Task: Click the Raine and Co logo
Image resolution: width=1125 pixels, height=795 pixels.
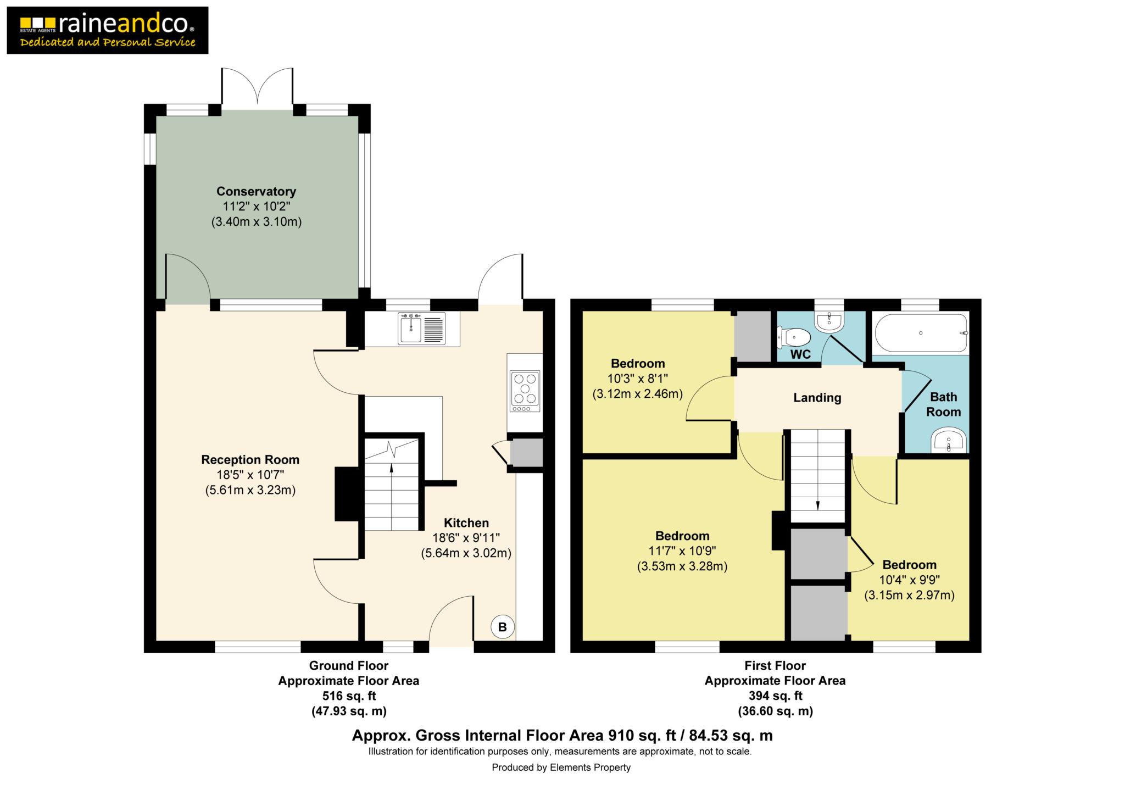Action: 108,30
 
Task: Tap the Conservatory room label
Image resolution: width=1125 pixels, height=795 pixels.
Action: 256,191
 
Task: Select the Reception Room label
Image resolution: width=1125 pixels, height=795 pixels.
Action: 250,459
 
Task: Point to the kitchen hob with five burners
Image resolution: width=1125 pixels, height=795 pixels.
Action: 525,391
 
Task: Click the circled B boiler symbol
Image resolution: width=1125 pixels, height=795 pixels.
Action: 502,627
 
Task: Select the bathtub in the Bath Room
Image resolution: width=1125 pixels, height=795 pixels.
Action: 921,333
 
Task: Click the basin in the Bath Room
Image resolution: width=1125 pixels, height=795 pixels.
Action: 949,441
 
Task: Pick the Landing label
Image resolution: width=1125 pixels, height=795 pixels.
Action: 817,398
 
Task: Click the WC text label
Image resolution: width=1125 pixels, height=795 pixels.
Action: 800,354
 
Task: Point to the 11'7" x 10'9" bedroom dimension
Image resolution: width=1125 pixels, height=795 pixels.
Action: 682,551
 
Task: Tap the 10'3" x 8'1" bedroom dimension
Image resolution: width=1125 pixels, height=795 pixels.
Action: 638,379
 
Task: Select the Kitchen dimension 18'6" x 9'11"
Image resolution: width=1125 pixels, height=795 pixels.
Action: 466,538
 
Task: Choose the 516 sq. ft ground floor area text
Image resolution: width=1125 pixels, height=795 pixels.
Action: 349,696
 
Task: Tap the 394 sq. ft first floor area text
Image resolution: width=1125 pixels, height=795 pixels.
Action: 775,696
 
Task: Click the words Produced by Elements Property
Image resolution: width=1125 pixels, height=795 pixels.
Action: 561,768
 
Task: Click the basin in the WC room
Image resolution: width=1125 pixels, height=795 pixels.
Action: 829,323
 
